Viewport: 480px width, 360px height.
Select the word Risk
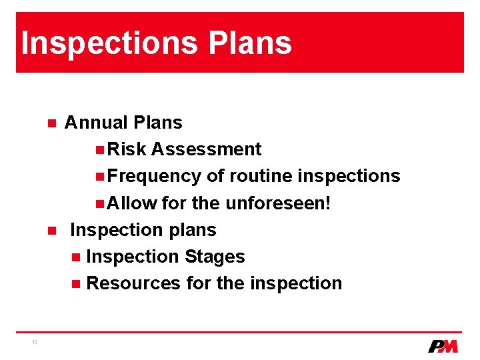(x=126, y=149)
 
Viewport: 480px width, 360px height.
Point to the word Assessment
(x=206, y=149)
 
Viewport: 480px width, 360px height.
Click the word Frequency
(x=154, y=176)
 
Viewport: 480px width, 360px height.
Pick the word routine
(x=261, y=176)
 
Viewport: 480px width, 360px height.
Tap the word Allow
(x=132, y=203)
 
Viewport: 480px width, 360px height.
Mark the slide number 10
(x=34, y=342)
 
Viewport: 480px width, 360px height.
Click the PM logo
(x=443, y=346)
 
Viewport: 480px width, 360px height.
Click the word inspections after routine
(x=349, y=176)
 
